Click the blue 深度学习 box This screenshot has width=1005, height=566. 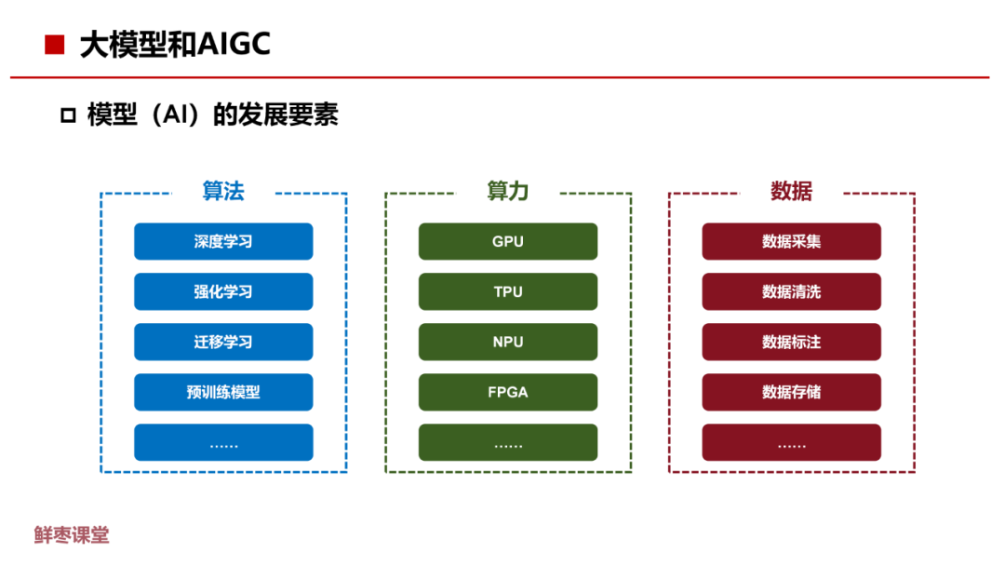pos(223,242)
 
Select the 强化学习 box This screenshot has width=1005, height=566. pos(223,292)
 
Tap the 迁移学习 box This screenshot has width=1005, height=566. pos(223,343)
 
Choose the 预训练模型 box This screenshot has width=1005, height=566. pos(223,393)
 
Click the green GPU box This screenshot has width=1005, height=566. pos(508,242)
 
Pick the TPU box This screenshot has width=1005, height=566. pos(508,292)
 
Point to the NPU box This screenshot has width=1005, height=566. pos(508,343)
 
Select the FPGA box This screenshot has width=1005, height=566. pos(508,393)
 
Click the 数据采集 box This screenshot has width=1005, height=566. pos(791,242)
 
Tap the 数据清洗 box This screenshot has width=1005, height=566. pos(791,292)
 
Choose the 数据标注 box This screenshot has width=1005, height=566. pos(791,343)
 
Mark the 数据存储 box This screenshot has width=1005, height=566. pos(791,393)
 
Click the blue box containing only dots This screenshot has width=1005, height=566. pos(223,443)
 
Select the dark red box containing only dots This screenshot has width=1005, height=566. pos(791,443)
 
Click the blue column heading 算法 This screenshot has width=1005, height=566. pos(223,192)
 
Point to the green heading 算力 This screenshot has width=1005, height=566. pos(508,192)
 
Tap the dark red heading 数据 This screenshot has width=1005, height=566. pos(791,192)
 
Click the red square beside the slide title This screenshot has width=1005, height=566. pos(55,45)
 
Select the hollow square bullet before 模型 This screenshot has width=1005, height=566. pos(67,116)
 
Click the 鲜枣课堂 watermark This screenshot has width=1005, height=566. pos(72,535)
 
